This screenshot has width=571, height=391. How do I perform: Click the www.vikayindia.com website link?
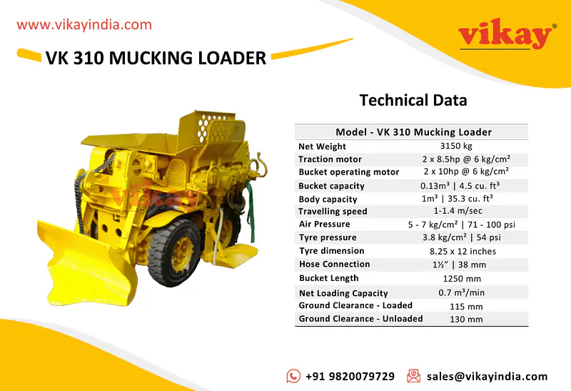coord(84,24)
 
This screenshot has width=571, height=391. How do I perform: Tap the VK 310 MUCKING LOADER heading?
coord(156,58)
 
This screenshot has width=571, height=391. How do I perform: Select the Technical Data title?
coord(413,100)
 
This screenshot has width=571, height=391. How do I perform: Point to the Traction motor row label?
coord(330,159)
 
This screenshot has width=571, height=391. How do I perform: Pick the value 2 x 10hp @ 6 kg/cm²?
coord(465,172)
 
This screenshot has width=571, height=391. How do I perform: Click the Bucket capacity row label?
coord(332,186)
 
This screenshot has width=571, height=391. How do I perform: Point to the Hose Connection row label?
coord(334,264)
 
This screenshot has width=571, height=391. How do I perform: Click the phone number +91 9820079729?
coord(350,376)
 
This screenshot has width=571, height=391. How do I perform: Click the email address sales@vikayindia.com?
coord(487,376)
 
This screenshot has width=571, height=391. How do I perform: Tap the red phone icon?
coord(293,376)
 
